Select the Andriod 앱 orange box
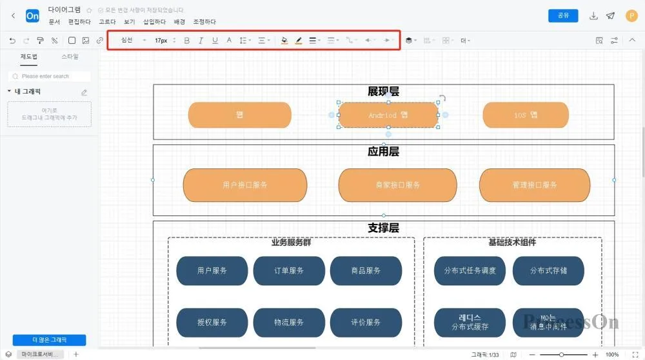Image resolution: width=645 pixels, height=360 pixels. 388,115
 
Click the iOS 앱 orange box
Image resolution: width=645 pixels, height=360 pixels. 526,115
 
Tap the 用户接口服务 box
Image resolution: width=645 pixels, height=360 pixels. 245,185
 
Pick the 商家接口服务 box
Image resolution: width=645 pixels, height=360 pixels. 397,185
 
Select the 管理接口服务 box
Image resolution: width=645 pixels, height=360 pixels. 535,185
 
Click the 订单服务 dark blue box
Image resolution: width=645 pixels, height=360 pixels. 289,271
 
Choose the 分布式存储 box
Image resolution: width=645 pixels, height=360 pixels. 548,271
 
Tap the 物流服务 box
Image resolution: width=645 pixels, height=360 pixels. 289,323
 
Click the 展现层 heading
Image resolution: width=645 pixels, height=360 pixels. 383,92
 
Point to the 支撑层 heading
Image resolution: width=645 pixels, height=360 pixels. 383,228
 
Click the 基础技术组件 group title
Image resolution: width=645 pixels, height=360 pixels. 512,243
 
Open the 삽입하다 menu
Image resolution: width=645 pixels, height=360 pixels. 154,22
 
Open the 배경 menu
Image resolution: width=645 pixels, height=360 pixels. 179,22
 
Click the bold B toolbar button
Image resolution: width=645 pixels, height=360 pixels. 187,41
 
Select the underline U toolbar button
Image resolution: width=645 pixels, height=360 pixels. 215,41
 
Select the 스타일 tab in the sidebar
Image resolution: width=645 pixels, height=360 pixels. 70,57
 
